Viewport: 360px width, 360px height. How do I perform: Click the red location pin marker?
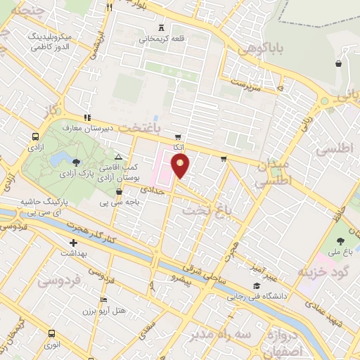click(x=180, y=166)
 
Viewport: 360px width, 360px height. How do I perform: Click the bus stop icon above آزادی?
click(x=35, y=138)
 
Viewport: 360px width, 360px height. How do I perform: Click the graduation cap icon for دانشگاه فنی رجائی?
click(x=257, y=287)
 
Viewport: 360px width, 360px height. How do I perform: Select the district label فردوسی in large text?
click(x=60, y=280)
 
